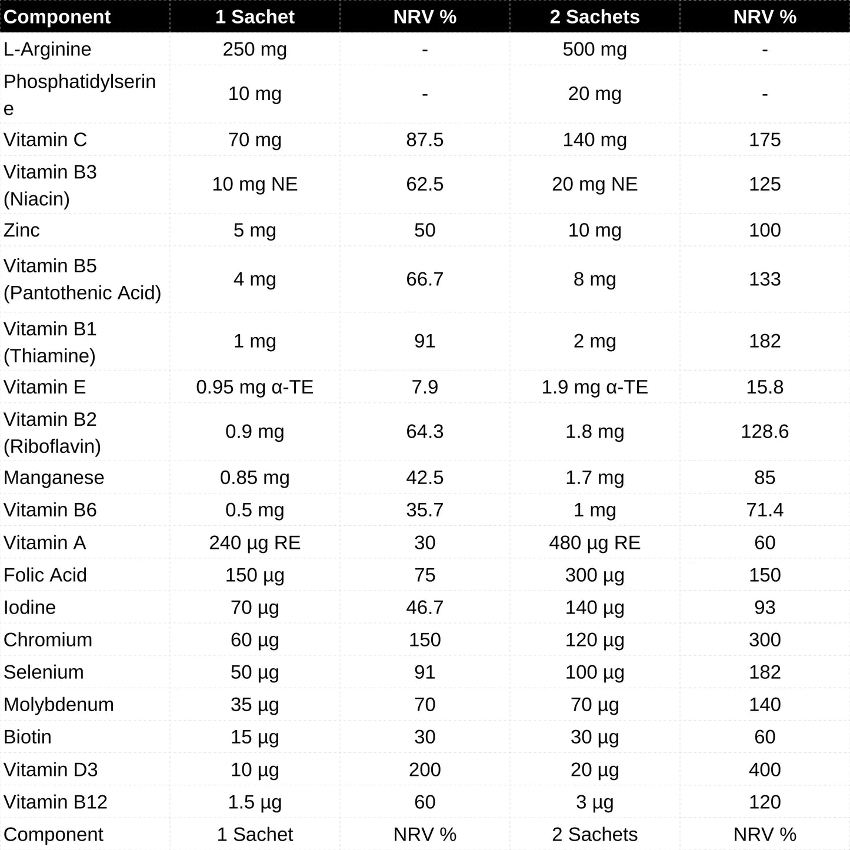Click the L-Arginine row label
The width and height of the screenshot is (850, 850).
point(48,49)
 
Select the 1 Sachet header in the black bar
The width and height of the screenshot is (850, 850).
point(255,16)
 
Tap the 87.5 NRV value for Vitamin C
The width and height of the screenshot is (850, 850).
point(425,140)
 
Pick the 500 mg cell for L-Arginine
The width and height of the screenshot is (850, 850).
point(595,49)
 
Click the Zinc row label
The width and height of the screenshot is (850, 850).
point(22,230)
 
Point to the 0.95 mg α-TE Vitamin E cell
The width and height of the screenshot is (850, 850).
point(255,387)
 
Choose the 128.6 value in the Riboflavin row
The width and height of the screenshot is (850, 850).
point(765,431)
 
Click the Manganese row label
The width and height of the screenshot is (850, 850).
point(54,478)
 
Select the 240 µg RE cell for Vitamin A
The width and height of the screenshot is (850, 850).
point(255,542)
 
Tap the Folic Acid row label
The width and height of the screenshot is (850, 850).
point(45,575)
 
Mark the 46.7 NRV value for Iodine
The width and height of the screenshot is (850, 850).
point(425,607)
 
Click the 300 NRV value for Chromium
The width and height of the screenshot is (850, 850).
point(765,639)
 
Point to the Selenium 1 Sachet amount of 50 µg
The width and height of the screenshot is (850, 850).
point(255,672)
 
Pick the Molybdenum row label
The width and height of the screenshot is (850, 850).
point(59,704)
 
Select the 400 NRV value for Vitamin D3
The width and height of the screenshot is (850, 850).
point(765,769)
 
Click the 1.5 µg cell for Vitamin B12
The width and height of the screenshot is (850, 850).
point(255,802)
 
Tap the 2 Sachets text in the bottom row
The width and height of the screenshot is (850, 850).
point(595,834)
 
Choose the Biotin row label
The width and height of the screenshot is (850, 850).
point(28,736)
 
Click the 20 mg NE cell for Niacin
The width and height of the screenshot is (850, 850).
point(595,184)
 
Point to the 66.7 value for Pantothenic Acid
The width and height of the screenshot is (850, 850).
point(425,279)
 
